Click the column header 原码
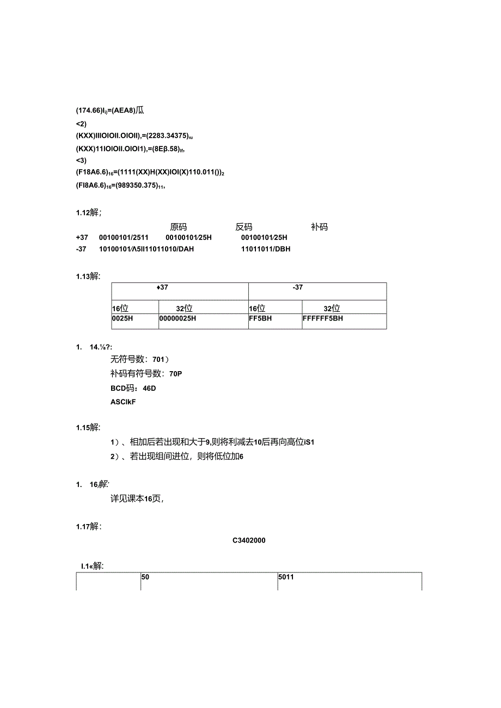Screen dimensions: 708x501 point(178,227)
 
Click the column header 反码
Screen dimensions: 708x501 point(243,227)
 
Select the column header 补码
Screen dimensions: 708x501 point(319,227)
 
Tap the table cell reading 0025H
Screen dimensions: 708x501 point(123,318)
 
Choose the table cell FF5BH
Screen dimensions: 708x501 point(260,318)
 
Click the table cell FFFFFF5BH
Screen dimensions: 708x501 point(323,318)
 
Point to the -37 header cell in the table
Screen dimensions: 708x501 point(298,287)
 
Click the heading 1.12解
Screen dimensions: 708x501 point(88,213)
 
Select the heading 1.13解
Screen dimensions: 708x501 point(88,276)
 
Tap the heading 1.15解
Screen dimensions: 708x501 point(88,427)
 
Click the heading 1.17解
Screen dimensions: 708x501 point(88,526)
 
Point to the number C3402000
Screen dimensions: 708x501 point(249,541)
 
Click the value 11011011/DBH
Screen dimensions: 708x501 point(266,249)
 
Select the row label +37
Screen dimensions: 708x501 point(82,237)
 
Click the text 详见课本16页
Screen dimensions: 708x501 point(137,498)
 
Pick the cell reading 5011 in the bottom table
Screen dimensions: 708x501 point(286,577)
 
